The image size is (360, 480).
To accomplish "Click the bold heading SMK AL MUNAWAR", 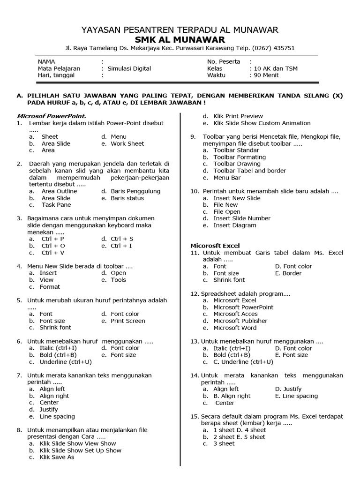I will [x=180, y=39].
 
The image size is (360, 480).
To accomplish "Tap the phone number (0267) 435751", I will [x=273, y=48].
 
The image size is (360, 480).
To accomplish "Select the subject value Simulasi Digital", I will [x=129, y=68].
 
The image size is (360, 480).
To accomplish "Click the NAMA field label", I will [x=46, y=61].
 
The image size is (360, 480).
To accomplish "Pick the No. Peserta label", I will [x=224, y=61].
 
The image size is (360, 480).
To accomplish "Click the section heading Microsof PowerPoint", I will [x=52, y=116].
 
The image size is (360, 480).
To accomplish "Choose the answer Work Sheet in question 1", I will [x=127, y=143].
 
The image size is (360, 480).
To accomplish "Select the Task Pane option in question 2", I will [x=56, y=205].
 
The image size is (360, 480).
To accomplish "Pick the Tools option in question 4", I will [x=118, y=280].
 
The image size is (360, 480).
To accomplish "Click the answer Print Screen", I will [x=128, y=321].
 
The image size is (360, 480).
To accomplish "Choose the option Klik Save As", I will [x=57, y=457].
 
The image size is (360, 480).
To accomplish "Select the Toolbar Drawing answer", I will [x=237, y=164].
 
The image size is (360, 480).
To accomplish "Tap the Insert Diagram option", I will [x=235, y=225].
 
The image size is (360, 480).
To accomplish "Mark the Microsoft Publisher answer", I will [x=240, y=321].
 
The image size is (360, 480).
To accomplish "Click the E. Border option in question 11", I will [x=288, y=273].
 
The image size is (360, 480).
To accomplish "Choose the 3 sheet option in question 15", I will [x=224, y=443].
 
